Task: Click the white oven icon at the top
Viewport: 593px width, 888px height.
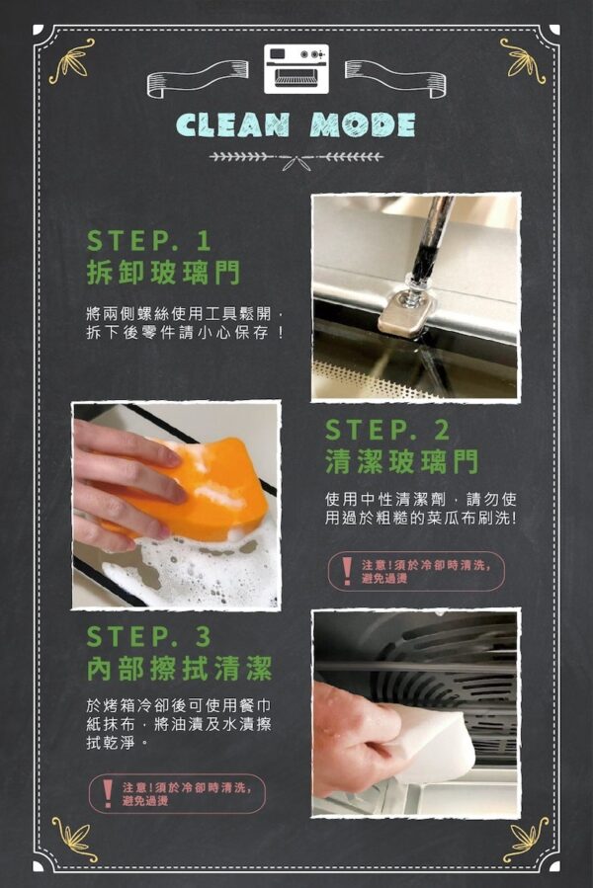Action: click(296, 68)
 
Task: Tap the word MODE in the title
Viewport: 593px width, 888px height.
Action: click(363, 125)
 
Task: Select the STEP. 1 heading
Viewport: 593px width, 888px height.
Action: click(149, 241)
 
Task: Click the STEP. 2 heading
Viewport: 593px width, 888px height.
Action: click(387, 431)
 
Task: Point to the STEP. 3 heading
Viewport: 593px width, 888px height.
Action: click(149, 636)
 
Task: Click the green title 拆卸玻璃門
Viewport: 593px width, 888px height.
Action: click(164, 273)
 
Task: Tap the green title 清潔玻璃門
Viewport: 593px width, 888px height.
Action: click(402, 461)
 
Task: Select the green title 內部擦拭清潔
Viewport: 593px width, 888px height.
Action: click(180, 669)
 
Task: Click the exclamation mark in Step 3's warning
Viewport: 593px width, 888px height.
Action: click(108, 793)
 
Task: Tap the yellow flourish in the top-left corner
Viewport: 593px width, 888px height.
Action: click(71, 60)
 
